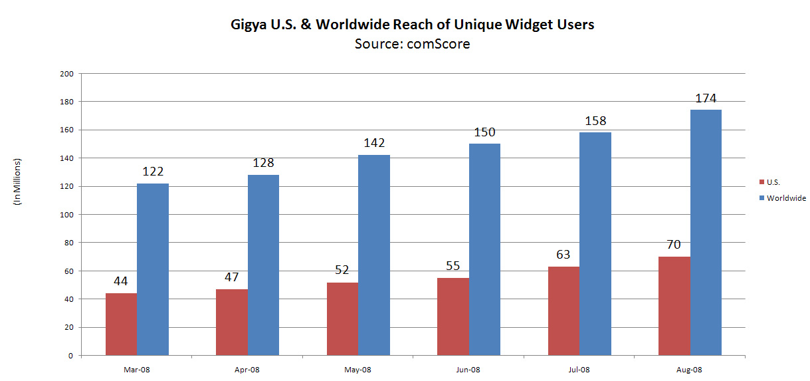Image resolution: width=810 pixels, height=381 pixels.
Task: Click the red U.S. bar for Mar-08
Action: pyautogui.click(x=121, y=324)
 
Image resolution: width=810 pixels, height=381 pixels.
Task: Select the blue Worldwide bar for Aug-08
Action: pyautogui.click(x=706, y=233)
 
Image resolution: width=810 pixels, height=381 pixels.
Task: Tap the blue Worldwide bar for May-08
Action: pyautogui.click(x=374, y=255)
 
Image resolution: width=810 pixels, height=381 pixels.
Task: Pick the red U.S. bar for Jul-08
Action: pyautogui.click(x=563, y=311)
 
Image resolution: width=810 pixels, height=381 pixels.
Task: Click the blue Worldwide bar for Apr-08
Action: pyautogui.click(x=263, y=265)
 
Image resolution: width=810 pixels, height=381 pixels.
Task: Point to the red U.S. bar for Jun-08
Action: pyautogui.click(x=453, y=317)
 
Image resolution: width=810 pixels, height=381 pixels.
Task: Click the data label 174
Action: pyautogui.click(x=706, y=98)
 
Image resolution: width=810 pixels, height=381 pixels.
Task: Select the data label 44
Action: pyautogui.click(x=120, y=281)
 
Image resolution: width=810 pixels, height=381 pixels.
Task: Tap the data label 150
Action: pyautogui.click(x=484, y=132)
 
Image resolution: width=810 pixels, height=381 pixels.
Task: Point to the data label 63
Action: pyautogui.click(x=563, y=255)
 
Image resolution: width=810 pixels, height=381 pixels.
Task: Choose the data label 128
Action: pyautogui.click(x=263, y=164)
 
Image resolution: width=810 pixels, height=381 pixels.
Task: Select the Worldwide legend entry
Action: pyautogui.click(x=786, y=198)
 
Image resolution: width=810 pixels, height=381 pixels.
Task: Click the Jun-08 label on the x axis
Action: pyautogui.click(x=468, y=369)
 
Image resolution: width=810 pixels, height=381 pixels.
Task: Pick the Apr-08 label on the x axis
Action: pyautogui.click(x=247, y=369)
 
